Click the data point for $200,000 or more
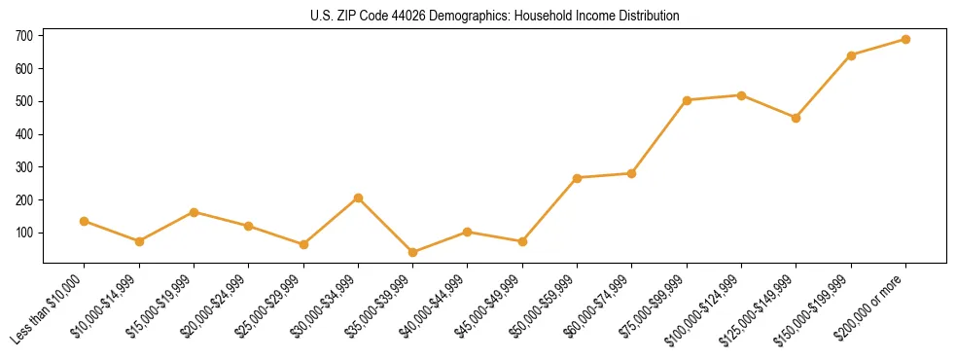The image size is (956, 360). tap(905, 40)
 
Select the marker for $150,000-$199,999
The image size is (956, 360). tap(851, 55)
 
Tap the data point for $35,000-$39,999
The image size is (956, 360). tap(412, 252)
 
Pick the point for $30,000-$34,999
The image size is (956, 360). tap(358, 198)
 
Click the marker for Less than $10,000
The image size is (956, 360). tap(85, 221)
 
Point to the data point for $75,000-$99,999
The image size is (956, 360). tap(687, 100)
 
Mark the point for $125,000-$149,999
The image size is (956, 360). tap(796, 118)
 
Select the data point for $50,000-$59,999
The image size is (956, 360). tap(577, 178)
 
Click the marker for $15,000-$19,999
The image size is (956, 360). tap(194, 212)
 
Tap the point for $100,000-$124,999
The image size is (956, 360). tap(741, 95)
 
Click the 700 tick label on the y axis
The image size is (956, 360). tap(24, 36)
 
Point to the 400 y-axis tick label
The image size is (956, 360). tap(24, 134)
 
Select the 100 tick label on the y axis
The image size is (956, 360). tap(24, 234)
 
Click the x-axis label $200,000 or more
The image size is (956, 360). tap(871, 303)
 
